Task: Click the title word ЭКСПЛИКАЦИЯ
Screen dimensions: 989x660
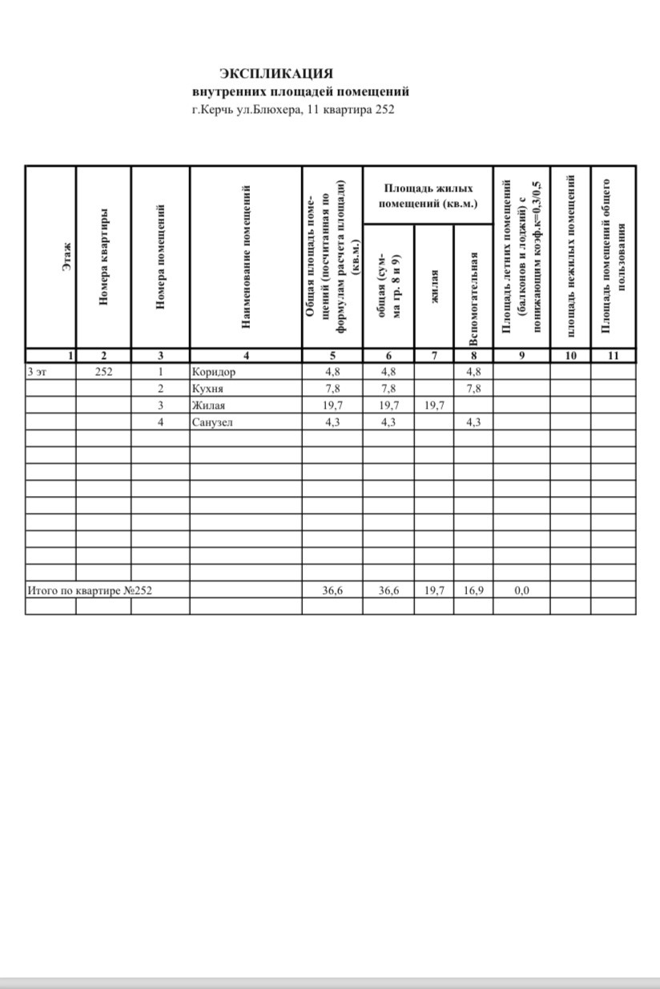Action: pos(276,74)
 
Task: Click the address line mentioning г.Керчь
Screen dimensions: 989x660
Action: pos(293,110)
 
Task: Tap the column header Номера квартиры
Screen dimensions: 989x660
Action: pos(103,258)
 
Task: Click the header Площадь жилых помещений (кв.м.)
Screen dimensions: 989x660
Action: pos(429,196)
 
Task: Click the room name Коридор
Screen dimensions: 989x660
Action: pos(214,372)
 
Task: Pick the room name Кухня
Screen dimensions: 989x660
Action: pos(207,389)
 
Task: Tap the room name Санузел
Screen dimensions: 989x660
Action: pos(212,422)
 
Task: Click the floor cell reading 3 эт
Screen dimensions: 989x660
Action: pos(37,372)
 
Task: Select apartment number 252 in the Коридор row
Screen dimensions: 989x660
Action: pos(103,372)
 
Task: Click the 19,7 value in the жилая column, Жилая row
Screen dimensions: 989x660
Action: pos(433,406)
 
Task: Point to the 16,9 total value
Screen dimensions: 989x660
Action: pos(473,591)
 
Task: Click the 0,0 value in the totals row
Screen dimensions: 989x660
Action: pos(521,591)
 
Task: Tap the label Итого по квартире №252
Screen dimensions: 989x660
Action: pos(90,591)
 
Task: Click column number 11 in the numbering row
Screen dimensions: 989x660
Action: pos(614,357)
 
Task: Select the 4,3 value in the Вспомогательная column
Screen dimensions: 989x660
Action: pos(473,422)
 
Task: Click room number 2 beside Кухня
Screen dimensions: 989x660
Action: pos(160,389)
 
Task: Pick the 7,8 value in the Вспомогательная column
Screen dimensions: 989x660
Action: pos(473,389)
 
